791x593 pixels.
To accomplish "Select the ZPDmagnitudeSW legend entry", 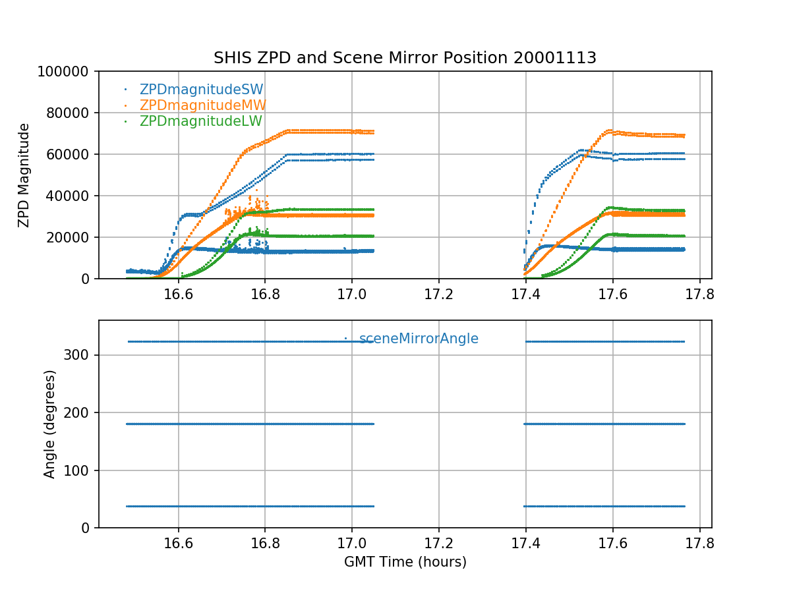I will point(201,90).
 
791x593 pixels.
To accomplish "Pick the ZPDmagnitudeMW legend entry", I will point(202,105).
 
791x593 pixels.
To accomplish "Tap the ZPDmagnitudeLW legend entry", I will point(200,121).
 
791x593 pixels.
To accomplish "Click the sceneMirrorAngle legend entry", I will point(419,339).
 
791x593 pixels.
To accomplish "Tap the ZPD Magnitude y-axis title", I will point(24,175).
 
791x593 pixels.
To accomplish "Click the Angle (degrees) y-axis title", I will point(50,424).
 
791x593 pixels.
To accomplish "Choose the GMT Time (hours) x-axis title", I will point(405,562).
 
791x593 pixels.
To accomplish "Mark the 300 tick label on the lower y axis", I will point(80,355).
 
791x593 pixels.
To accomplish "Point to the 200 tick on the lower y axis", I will point(80,412).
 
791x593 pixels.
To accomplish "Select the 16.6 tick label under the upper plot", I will point(178,294).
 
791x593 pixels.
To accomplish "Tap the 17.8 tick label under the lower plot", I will point(699,543).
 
